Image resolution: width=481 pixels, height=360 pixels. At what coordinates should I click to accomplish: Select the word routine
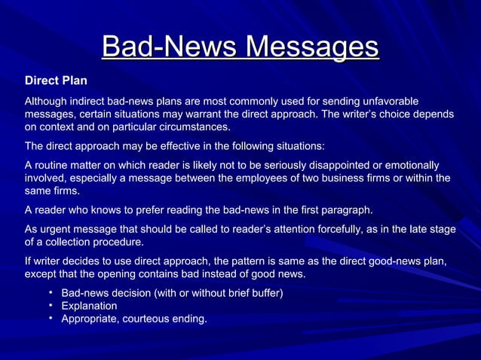57,165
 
